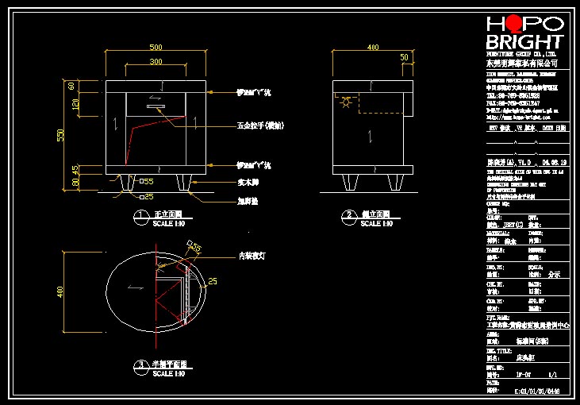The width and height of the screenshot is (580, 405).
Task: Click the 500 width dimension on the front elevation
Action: [156, 47]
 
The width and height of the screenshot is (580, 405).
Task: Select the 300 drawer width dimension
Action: [156, 61]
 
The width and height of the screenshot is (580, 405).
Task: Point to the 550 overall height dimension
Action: [60, 136]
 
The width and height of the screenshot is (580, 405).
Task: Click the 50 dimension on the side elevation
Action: [405, 57]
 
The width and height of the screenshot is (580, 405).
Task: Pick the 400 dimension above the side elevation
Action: [374, 47]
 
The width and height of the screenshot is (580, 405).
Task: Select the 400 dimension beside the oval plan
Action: [60, 293]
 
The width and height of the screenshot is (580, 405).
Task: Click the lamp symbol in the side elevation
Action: [345, 102]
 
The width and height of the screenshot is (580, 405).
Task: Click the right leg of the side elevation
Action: [394, 183]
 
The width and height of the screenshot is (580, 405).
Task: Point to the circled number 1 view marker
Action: [140, 215]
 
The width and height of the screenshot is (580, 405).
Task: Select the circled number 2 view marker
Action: [348, 215]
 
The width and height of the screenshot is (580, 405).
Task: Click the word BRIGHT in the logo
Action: [524, 42]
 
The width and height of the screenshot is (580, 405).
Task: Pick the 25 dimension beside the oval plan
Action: [213, 280]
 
